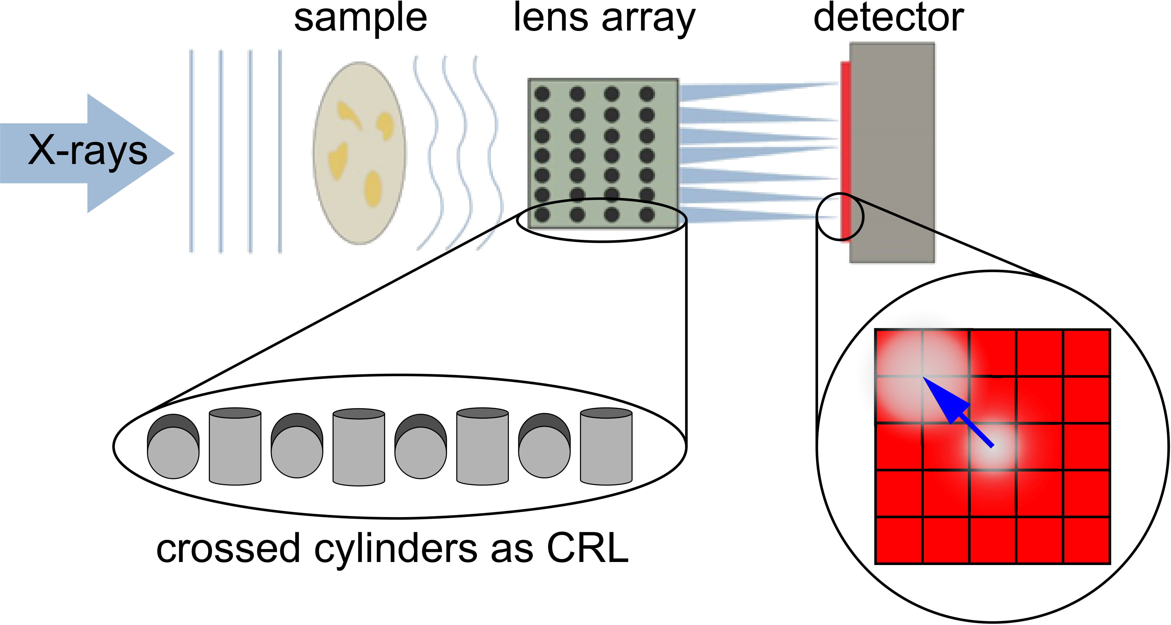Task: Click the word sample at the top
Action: click(361, 19)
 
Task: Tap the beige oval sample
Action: click(359, 153)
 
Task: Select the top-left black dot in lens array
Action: click(542, 94)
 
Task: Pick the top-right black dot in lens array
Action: click(646, 94)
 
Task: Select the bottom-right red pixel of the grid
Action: click(1087, 541)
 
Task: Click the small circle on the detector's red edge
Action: click(840, 217)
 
